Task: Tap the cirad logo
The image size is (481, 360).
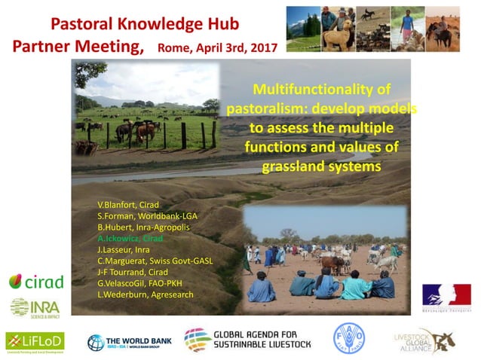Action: pyautogui.click(x=36, y=282)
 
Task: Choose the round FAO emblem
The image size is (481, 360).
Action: pyautogui.click(x=350, y=338)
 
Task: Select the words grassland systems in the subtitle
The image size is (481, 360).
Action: pyautogui.click(x=322, y=165)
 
